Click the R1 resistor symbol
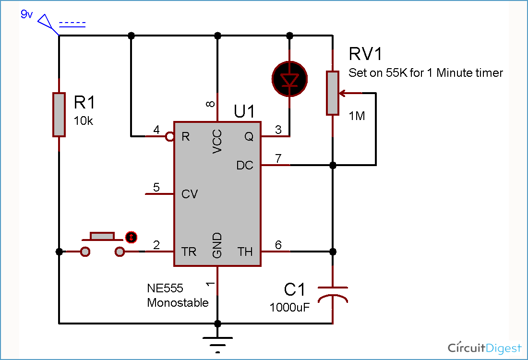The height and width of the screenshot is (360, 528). coord(59,115)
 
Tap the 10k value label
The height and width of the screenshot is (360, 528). coord(84,121)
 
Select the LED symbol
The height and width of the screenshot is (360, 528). coord(289,79)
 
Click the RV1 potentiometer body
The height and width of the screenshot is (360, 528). coord(332,93)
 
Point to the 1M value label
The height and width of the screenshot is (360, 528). coord(357,116)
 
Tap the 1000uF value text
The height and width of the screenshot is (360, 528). coord(289,307)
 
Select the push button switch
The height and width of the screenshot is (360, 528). coord(102,244)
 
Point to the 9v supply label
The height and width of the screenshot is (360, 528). coord(26,14)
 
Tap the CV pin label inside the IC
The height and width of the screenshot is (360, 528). coord(190,194)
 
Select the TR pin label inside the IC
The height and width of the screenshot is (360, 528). coord(189,252)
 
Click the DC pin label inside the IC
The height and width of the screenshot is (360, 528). coord(245,166)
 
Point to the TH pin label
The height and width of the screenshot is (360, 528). coord(245,252)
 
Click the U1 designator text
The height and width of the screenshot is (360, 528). coord(244,111)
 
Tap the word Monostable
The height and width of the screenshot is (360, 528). coord(178,303)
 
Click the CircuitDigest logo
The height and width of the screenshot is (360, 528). coord(484,348)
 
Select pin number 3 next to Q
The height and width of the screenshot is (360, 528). coord(278,130)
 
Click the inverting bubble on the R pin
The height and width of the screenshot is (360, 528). coord(169,137)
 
